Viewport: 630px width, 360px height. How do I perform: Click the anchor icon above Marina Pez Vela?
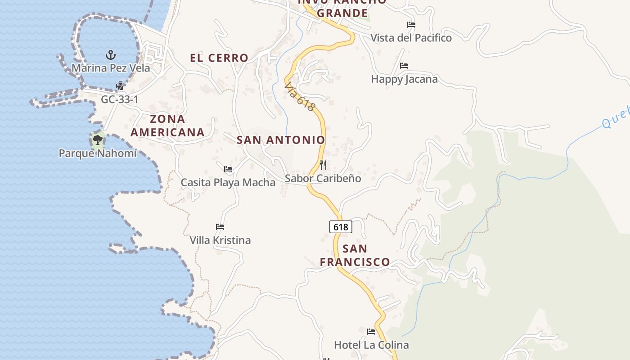click(x=111, y=55)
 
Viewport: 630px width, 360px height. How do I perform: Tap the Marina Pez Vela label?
click(x=111, y=68)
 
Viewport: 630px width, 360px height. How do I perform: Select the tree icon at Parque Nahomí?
click(x=97, y=140)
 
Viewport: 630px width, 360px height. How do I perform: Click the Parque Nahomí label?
click(x=97, y=153)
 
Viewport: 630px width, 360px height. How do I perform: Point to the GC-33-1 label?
click(x=119, y=99)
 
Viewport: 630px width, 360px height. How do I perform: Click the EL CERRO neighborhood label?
click(x=219, y=58)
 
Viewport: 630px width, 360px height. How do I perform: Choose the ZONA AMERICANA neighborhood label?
click(x=167, y=126)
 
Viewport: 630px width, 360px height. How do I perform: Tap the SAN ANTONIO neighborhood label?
click(x=281, y=140)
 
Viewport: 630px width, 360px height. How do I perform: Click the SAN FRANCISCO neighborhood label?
click(x=355, y=255)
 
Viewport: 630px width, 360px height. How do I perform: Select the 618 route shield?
click(x=341, y=227)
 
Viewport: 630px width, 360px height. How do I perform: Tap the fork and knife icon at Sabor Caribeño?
click(x=323, y=165)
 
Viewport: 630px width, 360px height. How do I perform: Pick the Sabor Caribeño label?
click(x=323, y=178)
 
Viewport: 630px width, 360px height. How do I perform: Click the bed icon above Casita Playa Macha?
click(x=228, y=169)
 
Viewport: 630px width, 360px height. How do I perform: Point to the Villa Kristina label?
click(x=220, y=240)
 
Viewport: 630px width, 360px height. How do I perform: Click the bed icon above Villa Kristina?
click(x=220, y=227)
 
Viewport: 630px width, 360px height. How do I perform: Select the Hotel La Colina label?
click(x=371, y=345)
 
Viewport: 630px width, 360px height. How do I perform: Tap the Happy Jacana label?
click(x=404, y=79)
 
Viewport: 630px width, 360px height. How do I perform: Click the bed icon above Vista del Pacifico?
click(x=411, y=25)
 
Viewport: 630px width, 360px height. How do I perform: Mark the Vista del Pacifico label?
click(x=411, y=38)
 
